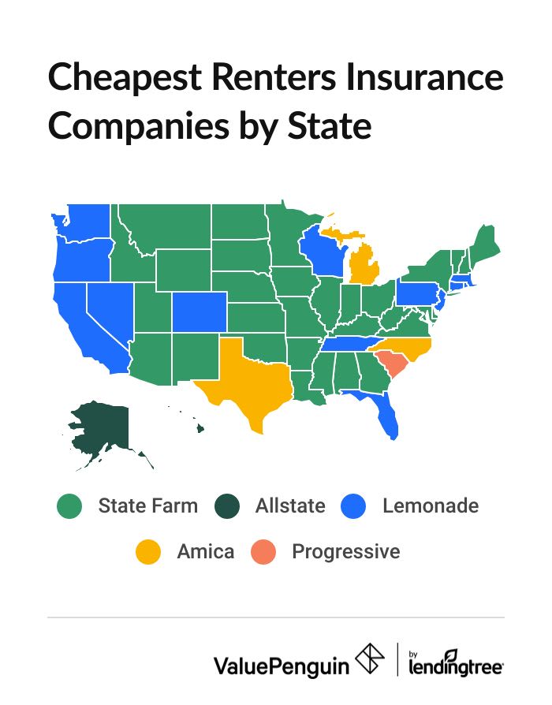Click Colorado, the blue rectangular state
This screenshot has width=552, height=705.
[199, 311]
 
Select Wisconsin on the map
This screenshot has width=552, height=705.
[323, 251]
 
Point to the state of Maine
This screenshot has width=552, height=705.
[483, 241]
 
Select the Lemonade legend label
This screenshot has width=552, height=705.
[430, 505]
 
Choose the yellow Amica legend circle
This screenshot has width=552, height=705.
[148, 551]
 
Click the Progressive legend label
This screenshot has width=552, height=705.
[345, 551]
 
